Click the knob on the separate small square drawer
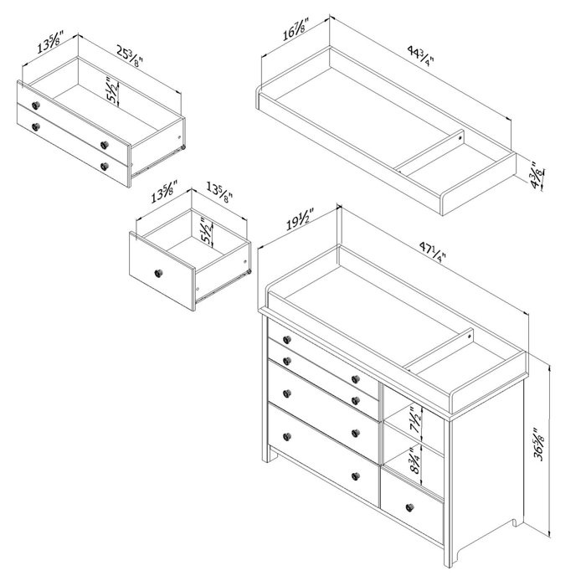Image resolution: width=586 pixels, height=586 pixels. (157, 272)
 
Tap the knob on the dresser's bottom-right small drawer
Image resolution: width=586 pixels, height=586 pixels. (409, 508)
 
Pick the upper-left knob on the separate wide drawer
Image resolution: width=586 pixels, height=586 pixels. (36, 105)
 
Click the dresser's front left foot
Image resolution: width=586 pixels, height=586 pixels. (270, 456)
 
